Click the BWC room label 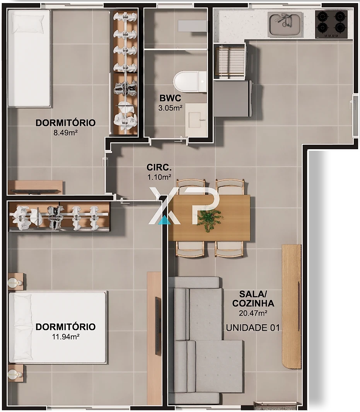(170, 98)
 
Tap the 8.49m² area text (65, 133)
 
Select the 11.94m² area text (66, 337)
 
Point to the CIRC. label (159, 167)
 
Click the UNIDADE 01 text (253, 328)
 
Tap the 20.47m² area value (253, 313)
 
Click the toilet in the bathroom (189, 81)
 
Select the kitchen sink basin (285, 24)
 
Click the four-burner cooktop (331, 24)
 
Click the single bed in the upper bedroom (29, 58)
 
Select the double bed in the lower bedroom (58, 327)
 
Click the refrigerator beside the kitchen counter (233, 99)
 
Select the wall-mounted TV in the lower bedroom (158, 325)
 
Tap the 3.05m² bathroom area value (170, 108)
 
